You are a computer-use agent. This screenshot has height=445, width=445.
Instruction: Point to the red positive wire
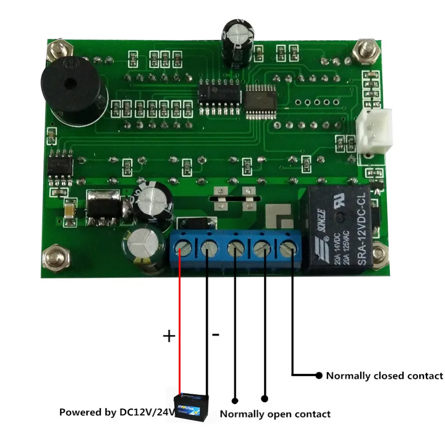180,320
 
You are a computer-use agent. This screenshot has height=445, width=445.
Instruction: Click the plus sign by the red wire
169,336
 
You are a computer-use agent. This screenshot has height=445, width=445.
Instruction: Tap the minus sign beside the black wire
215,334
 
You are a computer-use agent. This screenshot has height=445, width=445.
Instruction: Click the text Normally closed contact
384,376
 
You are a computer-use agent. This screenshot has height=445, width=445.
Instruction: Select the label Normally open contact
275,414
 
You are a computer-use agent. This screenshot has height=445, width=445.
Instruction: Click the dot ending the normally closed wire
319,375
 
